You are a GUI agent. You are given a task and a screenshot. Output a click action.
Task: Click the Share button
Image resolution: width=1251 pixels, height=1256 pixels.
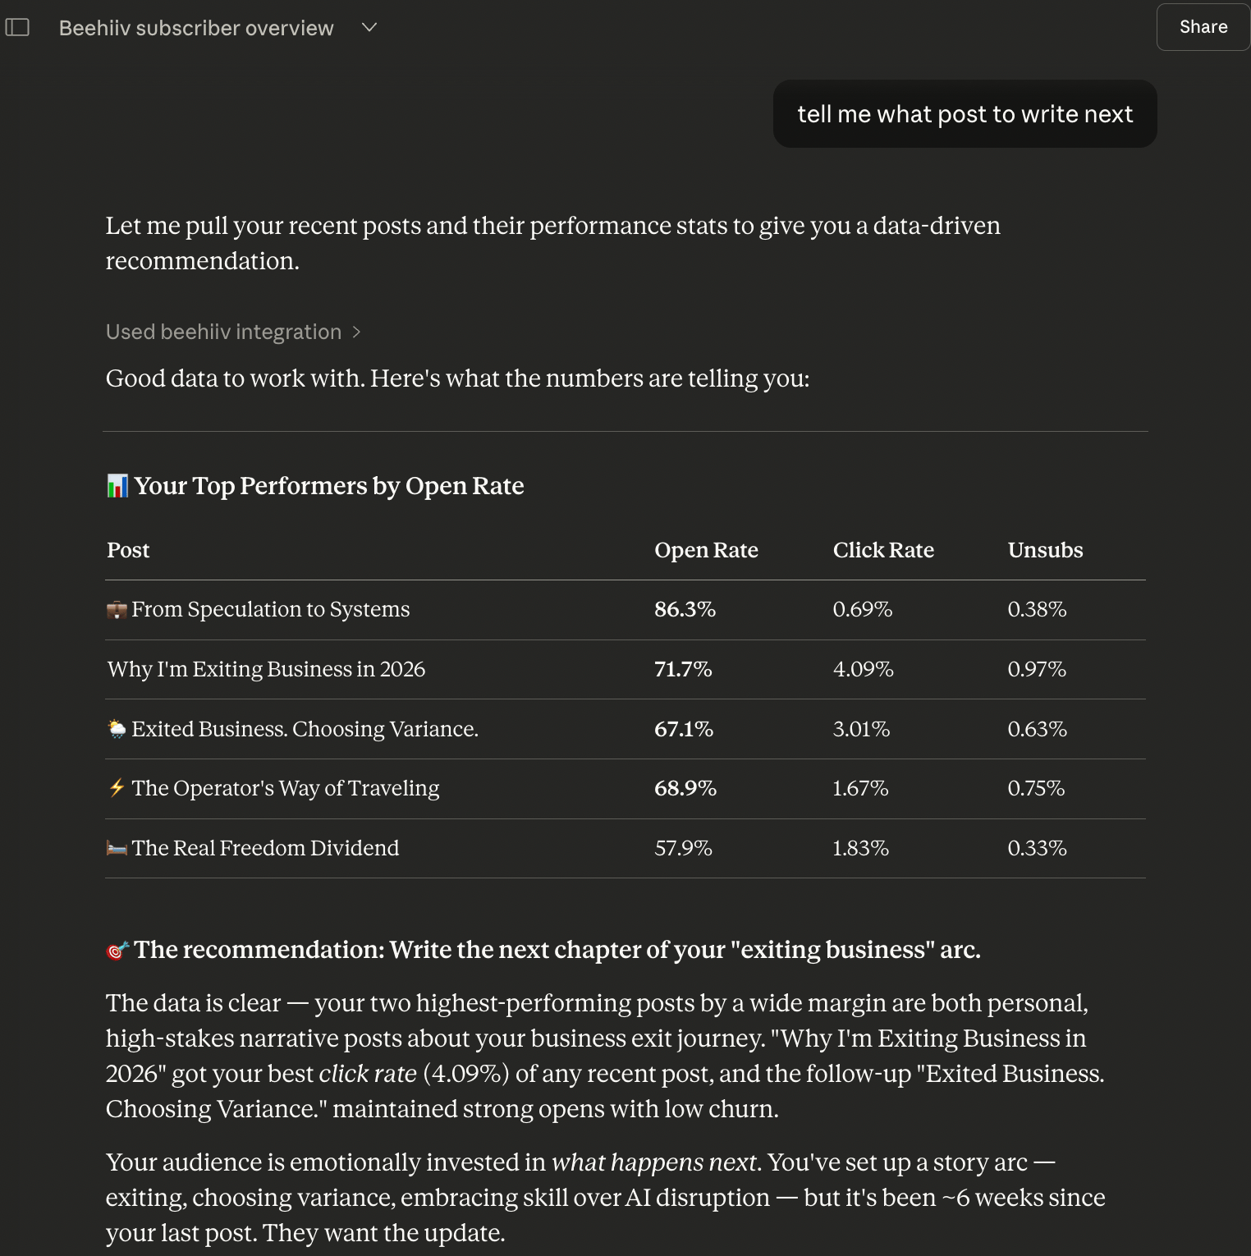1203,27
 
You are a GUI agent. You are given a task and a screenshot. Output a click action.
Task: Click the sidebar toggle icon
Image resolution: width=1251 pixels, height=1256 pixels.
17,27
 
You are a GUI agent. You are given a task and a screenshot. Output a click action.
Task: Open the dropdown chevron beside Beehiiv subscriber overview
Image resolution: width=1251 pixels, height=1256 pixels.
369,27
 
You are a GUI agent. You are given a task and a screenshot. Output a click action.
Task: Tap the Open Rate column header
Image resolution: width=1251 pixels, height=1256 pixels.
706,550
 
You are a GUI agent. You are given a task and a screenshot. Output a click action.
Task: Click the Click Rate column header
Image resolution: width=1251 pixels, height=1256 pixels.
883,550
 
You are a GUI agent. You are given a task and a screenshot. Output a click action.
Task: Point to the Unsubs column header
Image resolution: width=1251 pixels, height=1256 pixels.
1045,550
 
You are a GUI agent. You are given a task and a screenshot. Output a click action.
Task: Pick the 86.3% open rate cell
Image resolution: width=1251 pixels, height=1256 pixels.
685,609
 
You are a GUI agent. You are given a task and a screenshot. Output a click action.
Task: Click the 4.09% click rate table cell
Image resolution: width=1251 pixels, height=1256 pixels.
863,669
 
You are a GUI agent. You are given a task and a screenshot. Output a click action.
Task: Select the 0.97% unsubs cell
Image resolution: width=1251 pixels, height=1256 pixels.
1037,669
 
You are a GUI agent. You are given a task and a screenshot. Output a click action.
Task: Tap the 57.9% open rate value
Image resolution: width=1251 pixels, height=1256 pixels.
683,848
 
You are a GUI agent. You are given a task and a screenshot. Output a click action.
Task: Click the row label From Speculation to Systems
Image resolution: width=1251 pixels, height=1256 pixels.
270,609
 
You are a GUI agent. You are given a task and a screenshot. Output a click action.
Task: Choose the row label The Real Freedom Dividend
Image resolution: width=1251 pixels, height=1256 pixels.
265,848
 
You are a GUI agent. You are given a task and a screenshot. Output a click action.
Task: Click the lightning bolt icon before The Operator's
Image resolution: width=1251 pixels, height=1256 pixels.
117,788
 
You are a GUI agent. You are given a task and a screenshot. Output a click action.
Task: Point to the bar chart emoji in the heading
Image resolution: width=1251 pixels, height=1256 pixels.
117,486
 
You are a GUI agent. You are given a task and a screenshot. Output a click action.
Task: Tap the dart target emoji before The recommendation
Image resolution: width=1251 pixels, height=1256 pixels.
117,951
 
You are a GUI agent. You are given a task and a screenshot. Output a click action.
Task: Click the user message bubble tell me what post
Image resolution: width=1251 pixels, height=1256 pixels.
965,114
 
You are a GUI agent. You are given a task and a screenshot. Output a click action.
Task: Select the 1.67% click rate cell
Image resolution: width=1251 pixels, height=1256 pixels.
860,788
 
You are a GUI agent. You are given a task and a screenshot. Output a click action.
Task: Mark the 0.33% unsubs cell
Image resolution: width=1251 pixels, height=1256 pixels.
1037,848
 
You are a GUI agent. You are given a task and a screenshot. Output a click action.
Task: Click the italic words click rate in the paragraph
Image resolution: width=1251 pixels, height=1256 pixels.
368,1074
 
